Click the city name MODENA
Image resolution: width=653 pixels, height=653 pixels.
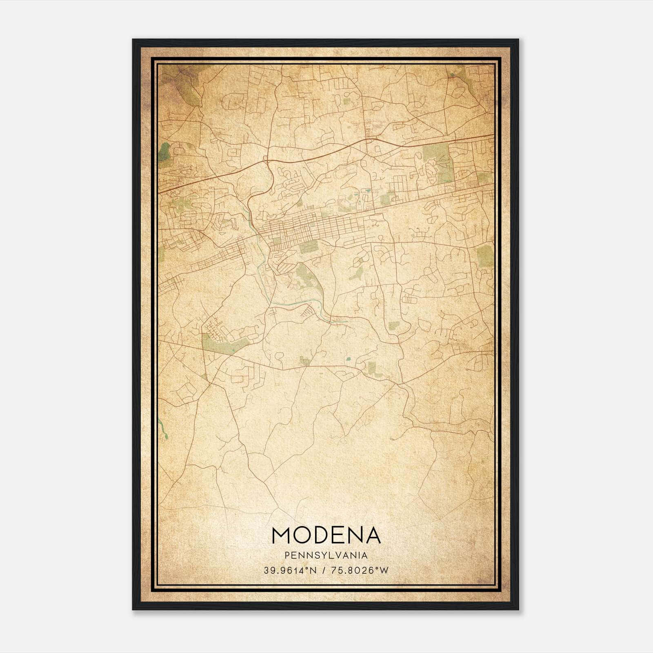(x=326, y=535)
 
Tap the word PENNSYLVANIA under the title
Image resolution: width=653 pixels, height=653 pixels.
(x=326, y=555)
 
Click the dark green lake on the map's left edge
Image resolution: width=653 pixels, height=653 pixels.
(x=164, y=153)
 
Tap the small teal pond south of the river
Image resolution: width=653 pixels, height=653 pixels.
(x=348, y=360)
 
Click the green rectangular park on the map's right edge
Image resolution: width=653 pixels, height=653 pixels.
(x=485, y=256)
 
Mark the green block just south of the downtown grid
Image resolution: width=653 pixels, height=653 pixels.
(x=309, y=247)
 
